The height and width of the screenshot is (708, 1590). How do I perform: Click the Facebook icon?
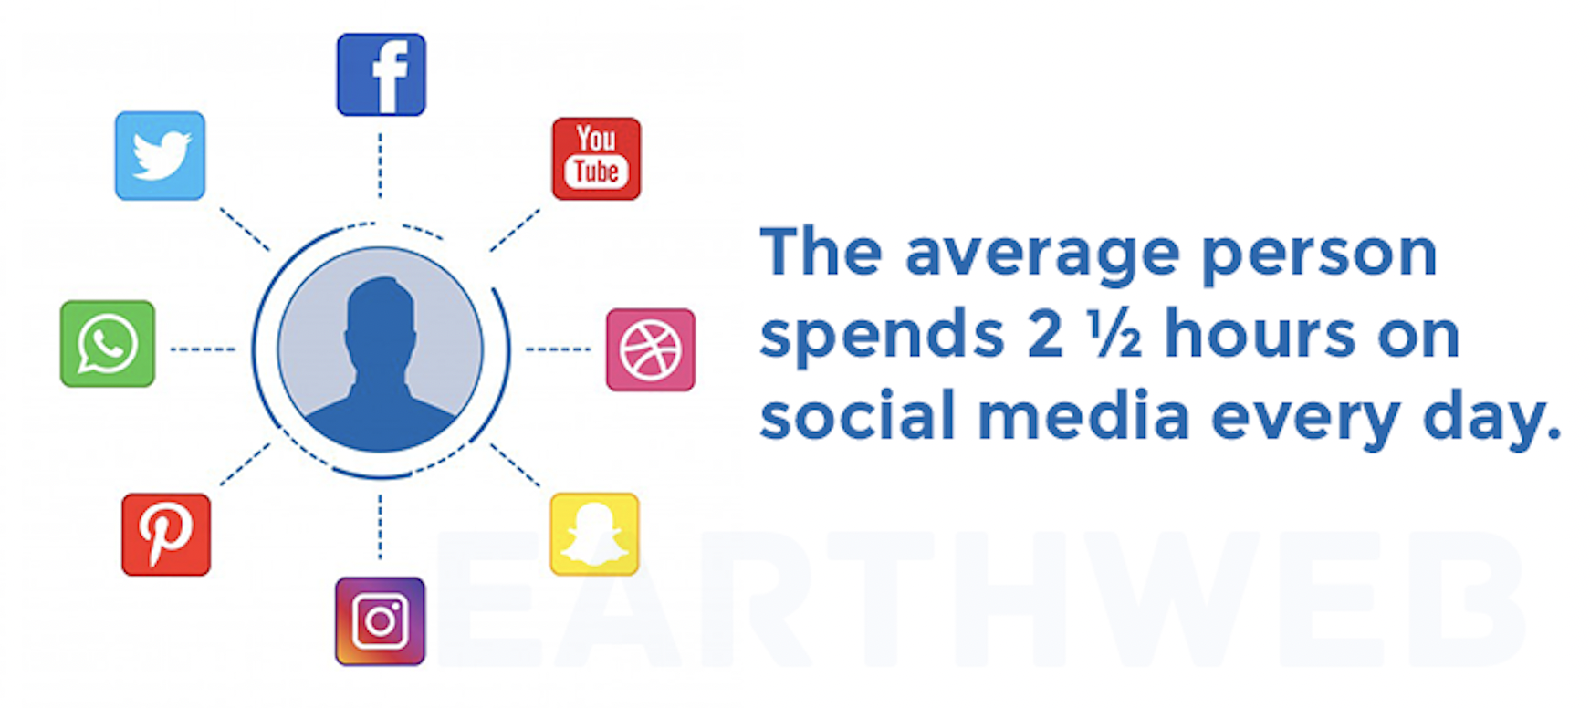[x=381, y=75]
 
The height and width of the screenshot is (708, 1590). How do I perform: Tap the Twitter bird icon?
[x=160, y=156]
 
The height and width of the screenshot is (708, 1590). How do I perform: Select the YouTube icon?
[x=596, y=159]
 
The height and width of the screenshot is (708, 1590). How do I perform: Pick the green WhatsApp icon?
[x=108, y=344]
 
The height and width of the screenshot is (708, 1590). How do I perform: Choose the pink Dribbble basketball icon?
[x=651, y=349]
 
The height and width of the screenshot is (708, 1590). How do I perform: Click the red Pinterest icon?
[x=166, y=535]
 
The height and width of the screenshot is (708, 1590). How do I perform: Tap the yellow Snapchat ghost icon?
[x=594, y=535]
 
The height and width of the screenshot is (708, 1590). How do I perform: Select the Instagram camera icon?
[x=380, y=621]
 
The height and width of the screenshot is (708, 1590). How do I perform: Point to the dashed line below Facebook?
[x=380, y=165]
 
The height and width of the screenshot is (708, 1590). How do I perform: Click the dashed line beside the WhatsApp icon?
[x=203, y=349]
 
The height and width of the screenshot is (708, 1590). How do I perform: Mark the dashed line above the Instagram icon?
[x=380, y=527]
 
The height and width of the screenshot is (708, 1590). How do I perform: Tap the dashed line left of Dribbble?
[x=558, y=349]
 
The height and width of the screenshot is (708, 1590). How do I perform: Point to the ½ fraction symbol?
[x=1114, y=335]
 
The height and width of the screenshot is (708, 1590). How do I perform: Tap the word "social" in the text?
[x=857, y=415]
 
